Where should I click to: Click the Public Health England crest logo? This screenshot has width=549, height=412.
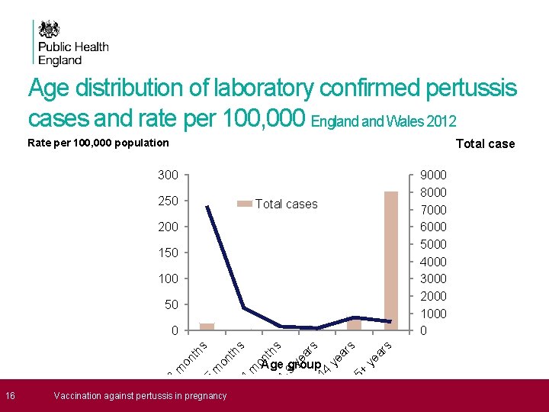(50, 30)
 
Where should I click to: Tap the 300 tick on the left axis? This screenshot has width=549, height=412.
(168, 175)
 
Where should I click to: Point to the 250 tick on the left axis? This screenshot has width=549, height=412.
(168, 201)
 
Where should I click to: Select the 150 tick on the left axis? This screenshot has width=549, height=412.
(168, 253)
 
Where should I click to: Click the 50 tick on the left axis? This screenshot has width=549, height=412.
(171, 304)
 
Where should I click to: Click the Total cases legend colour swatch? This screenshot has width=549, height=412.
(244, 204)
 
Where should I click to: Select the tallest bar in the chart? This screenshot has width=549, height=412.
(391, 259)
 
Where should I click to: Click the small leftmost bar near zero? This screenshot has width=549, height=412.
(207, 327)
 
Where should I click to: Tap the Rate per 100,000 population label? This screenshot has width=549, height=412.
(98, 143)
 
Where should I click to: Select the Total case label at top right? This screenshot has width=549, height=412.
(485, 143)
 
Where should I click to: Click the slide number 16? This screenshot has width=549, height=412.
(10, 395)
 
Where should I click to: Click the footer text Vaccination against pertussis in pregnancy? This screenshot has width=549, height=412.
(140, 395)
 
